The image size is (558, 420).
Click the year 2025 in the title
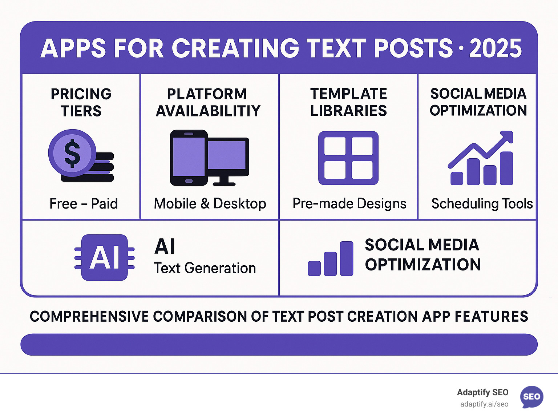tap(495, 48)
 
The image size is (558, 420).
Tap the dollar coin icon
tap(72, 153)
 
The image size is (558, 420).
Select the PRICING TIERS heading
tap(81, 102)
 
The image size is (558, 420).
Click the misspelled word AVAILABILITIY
tap(208, 111)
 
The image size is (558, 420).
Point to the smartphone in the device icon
tap(189, 158)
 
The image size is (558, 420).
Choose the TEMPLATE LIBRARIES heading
tap(348, 102)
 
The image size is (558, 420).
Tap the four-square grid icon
tap(348, 158)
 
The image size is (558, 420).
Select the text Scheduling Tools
tap(482, 203)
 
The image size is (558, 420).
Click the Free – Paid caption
tap(84, 203)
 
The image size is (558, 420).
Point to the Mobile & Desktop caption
tap(210, 203)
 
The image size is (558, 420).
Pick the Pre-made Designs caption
tap(349, 203)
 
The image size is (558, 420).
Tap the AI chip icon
tap(105, 257)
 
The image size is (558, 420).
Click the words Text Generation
tap(205, 268)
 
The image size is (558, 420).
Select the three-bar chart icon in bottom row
tap(331, 259)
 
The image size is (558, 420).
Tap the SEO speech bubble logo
tap(531, 397)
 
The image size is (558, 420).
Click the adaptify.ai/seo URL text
tap(484, 404)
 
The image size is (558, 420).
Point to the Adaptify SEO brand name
tap(482, 392)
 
